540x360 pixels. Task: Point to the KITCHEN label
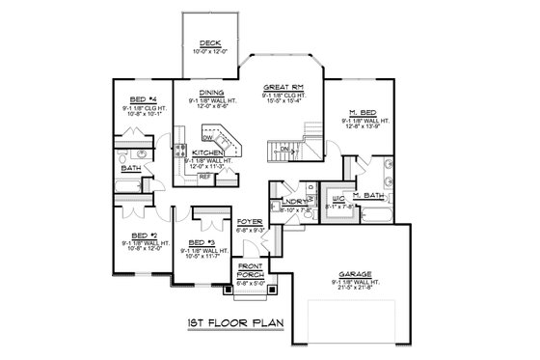point(207,152)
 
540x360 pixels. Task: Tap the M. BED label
point(362,113)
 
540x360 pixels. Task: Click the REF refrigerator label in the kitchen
point(205,178)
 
